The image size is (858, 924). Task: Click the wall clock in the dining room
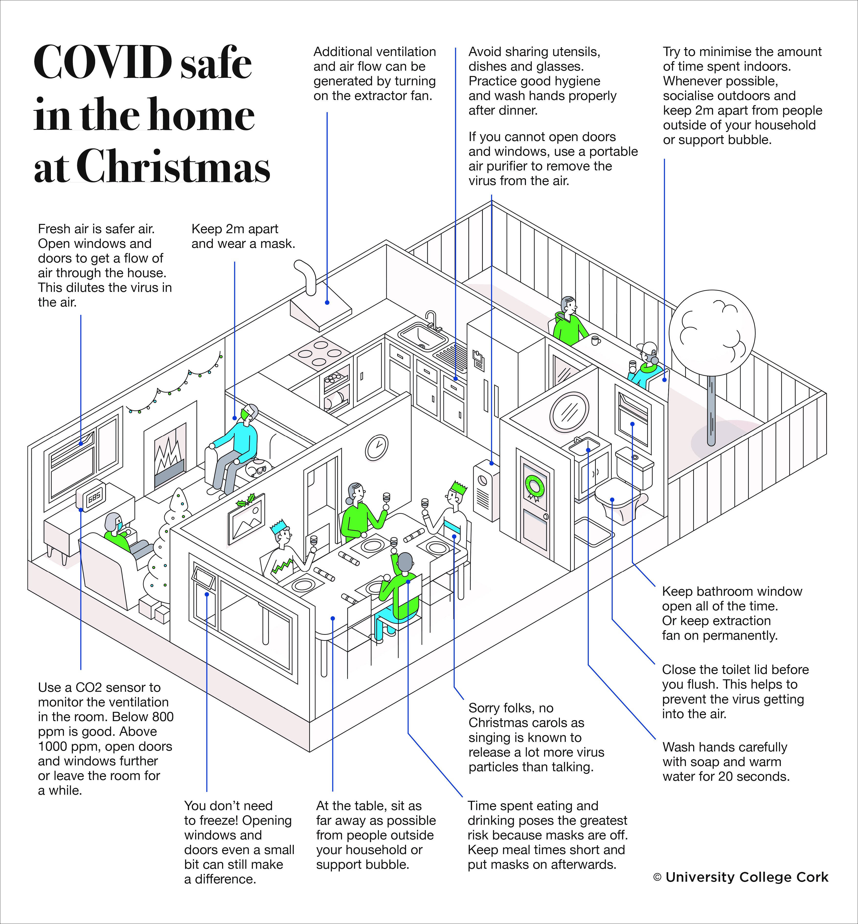point(376,447)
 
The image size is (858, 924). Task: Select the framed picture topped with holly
point(246,517)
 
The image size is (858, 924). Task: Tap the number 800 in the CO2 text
point(162,716)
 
